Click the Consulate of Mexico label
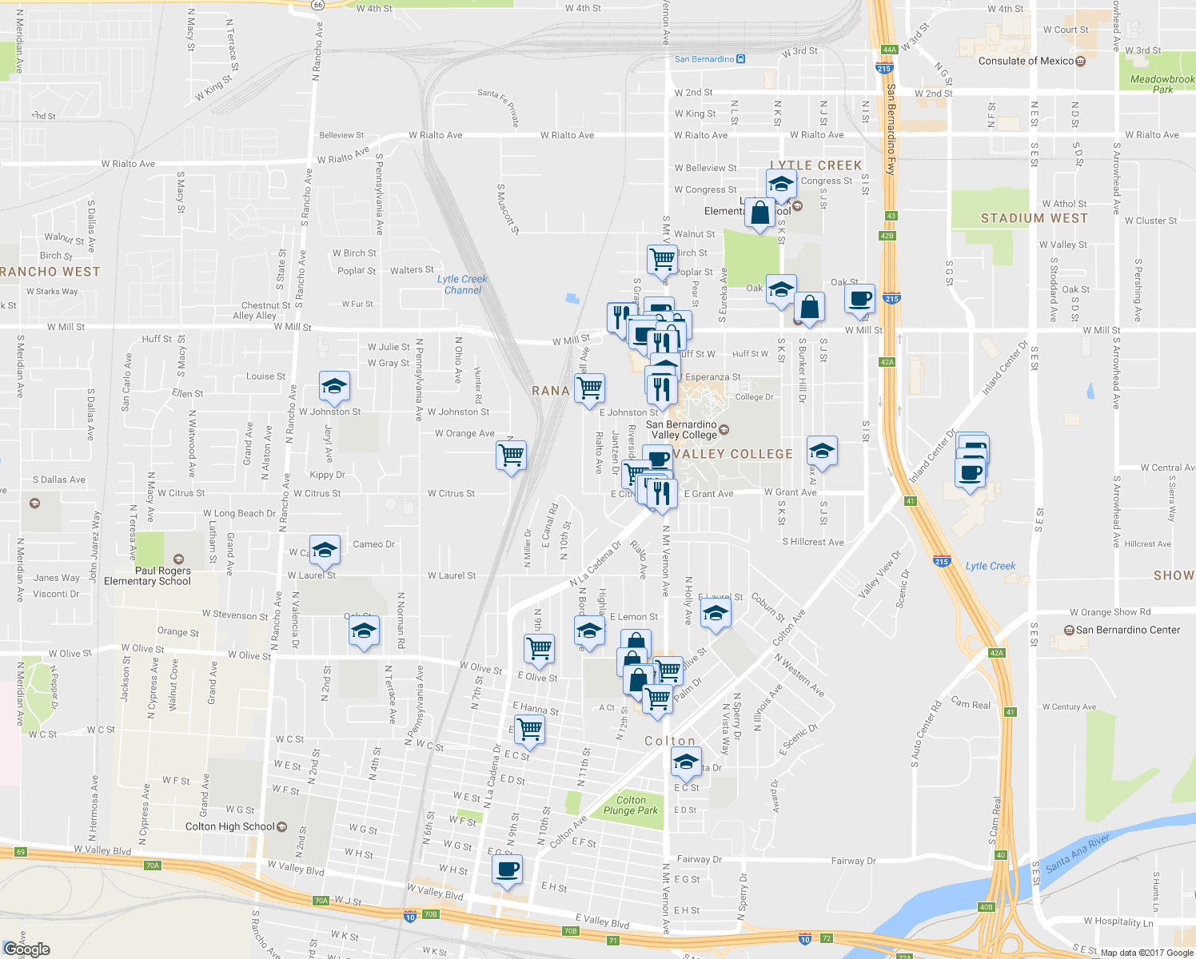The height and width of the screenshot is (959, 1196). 1026,61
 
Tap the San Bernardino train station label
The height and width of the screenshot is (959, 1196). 704,59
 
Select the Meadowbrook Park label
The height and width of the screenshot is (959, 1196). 1162,84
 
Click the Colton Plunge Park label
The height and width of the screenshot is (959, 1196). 631,805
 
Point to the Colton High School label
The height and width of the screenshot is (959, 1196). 230,826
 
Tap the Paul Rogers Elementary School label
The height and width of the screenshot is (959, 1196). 147,575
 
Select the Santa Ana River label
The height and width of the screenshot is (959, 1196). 1077,853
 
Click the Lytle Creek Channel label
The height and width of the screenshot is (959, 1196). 462,285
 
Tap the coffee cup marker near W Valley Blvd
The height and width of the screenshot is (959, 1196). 507,869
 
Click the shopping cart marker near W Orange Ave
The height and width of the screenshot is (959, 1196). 511,456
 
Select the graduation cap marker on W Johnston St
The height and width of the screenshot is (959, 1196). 334,387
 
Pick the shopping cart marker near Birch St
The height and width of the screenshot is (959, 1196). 662,259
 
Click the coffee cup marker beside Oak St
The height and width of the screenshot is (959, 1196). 859,299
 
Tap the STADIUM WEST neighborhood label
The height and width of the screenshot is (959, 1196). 1034,218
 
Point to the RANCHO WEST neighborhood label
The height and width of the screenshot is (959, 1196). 50,272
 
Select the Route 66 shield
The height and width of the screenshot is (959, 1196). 318,4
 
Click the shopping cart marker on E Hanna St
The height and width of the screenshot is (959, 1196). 529,729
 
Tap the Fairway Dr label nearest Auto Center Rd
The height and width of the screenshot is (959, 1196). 853,861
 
